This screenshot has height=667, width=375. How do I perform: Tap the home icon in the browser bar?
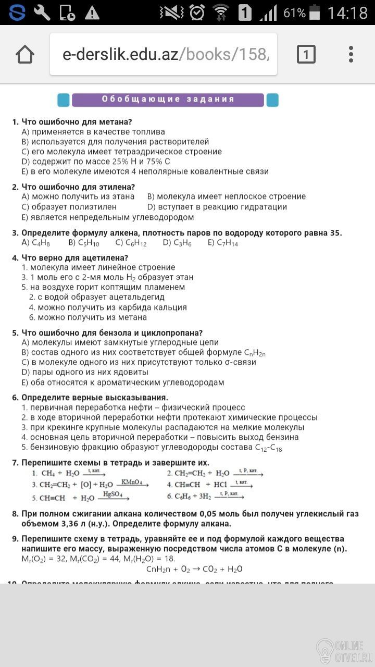click(25, 54)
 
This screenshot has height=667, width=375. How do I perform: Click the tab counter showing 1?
click(306, 54)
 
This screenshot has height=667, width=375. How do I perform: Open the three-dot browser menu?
click(351, 54)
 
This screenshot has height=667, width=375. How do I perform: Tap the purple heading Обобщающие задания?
click(168, 100)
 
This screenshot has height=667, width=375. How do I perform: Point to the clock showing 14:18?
click(347, 13)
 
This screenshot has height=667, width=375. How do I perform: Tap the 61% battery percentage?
click(294, 13)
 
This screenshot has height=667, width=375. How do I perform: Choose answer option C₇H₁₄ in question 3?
click(222, 243)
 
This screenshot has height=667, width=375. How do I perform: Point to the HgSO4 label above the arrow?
click(113, 494)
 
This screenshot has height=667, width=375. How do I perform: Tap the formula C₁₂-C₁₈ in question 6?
click(268, 448)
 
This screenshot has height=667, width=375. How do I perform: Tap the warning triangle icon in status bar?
click(92, 13)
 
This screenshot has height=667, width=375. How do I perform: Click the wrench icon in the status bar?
click(42, 13)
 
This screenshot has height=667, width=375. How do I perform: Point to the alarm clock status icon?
click(197, 13)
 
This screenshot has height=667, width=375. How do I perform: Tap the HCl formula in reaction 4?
click(217, 485)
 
